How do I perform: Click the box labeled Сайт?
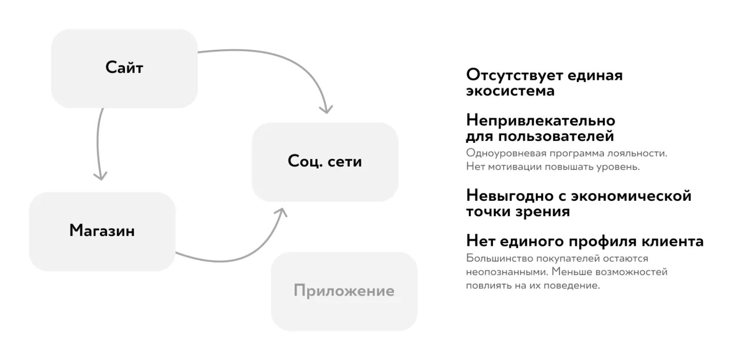pyautogui.click(x=124, y=68)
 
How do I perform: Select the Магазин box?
pyautogui.click(x=102, y=231)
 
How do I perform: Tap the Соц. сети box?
pyautogui.click(x=325, y=161)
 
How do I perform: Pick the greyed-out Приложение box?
pyautogui.click(x=344, y=291)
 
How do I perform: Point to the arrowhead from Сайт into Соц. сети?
pyautogui.click(x=326, y=110)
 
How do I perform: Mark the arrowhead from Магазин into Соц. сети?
pyautogui.click(x=281, y=211)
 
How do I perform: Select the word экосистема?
pyautogui.click(x=510, y=91)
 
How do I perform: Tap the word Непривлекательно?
pyautogui.click(x=540, y=121)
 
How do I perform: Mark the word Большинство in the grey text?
pyautogui.click(x=493, y=258)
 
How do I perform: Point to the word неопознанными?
pyautogui.click(x=500, y=272)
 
